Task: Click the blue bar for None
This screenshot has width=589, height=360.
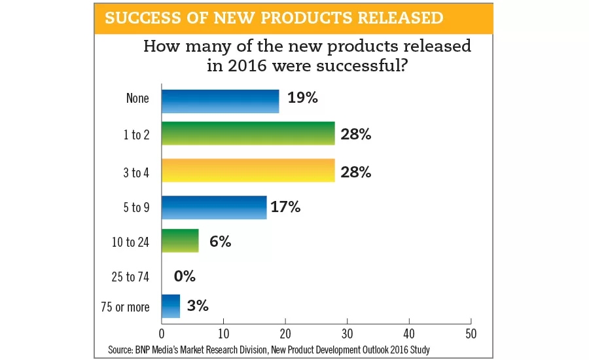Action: tap(220, 101)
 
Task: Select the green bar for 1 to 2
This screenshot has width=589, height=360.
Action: tap(248, 134)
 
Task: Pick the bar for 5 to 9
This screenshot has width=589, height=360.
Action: tap(214, 207)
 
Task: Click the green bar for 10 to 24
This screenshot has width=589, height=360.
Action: tap(180, 240)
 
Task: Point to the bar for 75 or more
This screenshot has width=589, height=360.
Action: tap(171, 306)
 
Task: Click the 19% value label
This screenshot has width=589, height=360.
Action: tap(303, 98)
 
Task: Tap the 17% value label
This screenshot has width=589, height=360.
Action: tap(286, 207)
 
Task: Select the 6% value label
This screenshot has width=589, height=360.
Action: tap(221, 242)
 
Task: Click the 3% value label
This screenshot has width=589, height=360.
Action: tap(198, 306)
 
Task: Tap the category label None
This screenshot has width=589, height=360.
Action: tap(138, 99)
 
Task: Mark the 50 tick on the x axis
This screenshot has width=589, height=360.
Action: tap(471, 333)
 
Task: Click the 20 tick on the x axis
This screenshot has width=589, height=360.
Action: tap(285, 333)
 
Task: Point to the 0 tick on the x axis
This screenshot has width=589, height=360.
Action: tap(162, 333)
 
